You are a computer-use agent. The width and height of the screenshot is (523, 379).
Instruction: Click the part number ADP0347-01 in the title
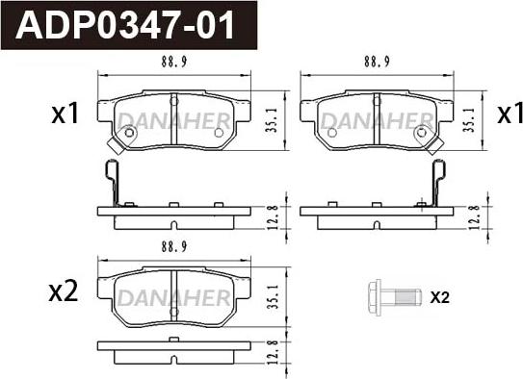point(125,26)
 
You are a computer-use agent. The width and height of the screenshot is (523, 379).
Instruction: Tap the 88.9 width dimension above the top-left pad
point(174,62)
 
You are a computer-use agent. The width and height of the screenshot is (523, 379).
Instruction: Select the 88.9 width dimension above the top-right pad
point(377,62)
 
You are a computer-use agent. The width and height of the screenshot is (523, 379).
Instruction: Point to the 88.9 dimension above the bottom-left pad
point(174,247)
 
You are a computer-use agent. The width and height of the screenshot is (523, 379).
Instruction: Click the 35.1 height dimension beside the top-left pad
point(273,120)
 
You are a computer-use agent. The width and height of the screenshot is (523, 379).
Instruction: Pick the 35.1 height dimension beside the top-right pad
point(470,120)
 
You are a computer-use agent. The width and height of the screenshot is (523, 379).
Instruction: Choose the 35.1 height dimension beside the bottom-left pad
point(274,296)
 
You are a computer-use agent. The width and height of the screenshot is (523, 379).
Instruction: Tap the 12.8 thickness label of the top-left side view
point(273,217)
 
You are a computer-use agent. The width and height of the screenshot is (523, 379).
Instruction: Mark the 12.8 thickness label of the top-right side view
point(474,217)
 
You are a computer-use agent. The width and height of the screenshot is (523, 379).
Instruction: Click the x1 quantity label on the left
point(65,114)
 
